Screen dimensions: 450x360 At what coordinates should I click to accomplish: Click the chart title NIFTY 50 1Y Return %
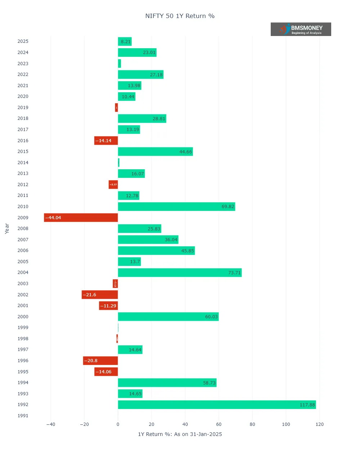tap(180, 16)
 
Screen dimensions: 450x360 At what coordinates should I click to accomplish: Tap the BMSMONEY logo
tap(301, 29)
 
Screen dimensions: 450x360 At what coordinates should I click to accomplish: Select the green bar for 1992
tap(217, 405)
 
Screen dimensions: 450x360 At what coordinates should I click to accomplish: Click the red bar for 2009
tap(81, 218)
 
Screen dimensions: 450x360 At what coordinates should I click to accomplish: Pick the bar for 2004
tap(180, 273)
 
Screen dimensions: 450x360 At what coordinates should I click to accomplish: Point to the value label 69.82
tap(228, 207)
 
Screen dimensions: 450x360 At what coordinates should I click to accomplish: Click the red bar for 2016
tap(106, 141)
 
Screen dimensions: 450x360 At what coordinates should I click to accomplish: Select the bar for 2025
tap(125, 41)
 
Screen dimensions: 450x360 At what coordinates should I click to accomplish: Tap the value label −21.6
tap(90, 295)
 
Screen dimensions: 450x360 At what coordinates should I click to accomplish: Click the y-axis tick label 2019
tap(23, 108)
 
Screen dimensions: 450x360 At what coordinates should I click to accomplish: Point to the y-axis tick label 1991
tap(23, 416)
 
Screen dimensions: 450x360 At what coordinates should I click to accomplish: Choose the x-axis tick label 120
tap(319, 424)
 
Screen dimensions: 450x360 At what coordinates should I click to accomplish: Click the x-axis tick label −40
tap(51, 424)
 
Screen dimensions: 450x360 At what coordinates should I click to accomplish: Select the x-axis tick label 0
tap(118, 424)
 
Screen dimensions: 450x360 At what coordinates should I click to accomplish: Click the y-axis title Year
tap(7, 229)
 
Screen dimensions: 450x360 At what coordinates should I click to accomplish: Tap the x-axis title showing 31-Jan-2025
tap(180, 434)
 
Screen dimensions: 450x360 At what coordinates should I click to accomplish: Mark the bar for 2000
tap(168, 317)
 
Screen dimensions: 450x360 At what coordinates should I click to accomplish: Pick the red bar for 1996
tap(100, 361)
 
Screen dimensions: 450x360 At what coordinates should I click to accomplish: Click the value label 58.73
tap(209, 383)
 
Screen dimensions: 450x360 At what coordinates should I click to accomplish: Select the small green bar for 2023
tap(120, 64)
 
